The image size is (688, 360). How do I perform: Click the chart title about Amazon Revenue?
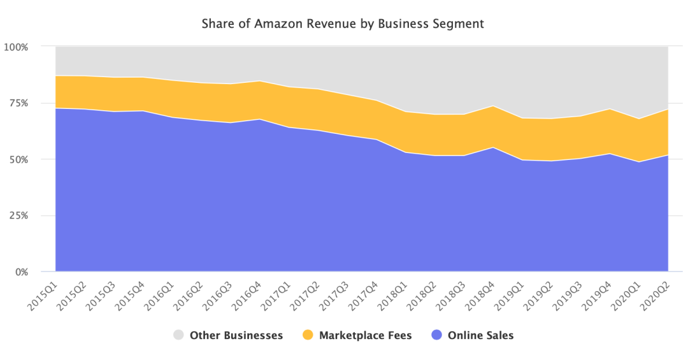(x=343, y=24)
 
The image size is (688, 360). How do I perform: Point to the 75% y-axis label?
(x=18, y=103)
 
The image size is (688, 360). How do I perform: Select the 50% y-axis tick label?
(x=18, y=159)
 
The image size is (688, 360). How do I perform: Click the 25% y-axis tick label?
(x=18, y=215)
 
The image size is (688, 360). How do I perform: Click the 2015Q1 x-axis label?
(x=43, y=295)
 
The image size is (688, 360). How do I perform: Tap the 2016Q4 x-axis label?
(x=247, y=295)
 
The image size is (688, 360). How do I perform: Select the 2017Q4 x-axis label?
(x=363, y=295)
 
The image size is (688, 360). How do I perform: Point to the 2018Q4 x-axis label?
(x=480, y=295)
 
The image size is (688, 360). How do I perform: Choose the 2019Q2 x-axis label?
(x=538, y=295)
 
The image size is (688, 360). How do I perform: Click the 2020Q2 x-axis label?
(x=655, y=295)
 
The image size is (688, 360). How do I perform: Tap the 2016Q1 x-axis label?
(x=159, y=295)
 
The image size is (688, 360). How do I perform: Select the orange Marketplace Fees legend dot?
(x=308, y=335)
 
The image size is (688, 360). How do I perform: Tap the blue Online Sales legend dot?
(x=437, y=335)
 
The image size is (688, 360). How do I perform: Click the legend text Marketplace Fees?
(x=365, y=335)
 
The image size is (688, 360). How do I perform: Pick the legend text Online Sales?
(x=480, y=335)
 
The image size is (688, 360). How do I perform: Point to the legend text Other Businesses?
(x=236, y=335)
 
